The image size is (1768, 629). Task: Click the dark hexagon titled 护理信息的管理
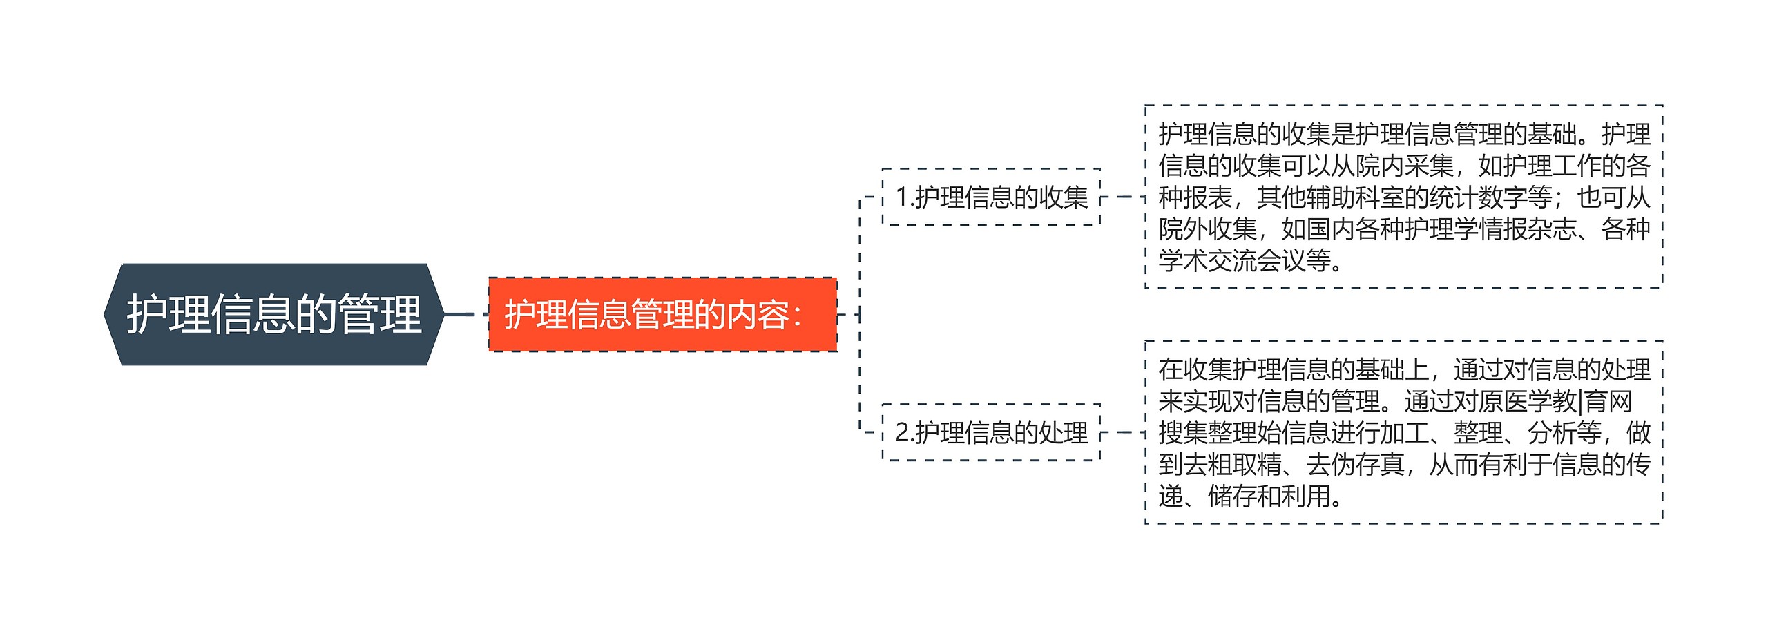coord(274,314)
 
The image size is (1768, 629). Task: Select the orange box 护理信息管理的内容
coord(662,314)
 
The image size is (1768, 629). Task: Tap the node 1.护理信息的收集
coord(991,197)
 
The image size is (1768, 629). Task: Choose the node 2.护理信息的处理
coord(991,432)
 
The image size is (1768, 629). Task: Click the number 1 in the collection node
coord(902,197)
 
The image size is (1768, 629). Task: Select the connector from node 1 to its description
coord(1122,197)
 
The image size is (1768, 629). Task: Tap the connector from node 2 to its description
coord(1122,432)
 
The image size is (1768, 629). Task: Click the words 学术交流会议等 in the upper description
coord(1243,260)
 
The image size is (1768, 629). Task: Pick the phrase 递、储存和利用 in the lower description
coord(1243,496)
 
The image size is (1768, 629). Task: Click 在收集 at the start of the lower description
coord(1195,370)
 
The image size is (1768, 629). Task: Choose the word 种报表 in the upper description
coord(1195,198)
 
